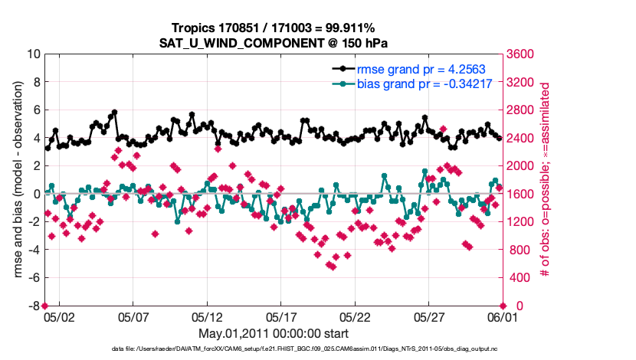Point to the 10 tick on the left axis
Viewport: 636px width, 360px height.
pyautogui.click(x=33, y=54)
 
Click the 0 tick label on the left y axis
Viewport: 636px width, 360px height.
pyautogui.click(x=36, y=194)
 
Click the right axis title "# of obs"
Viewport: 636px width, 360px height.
pyautogui.click(x=546, y=180)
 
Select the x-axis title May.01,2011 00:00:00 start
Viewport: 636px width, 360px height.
pyautogui.click(x=273, y=334)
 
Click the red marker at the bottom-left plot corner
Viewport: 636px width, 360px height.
pyautogui.click(x=44, y=306)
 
